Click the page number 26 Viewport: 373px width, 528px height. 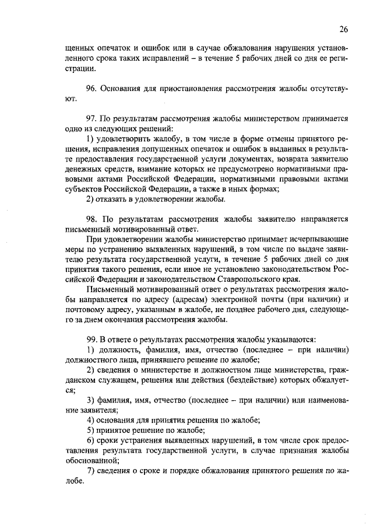click(343, 29)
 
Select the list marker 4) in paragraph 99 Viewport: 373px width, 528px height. click(91, 419)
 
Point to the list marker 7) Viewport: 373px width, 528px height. click(91, 471)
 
